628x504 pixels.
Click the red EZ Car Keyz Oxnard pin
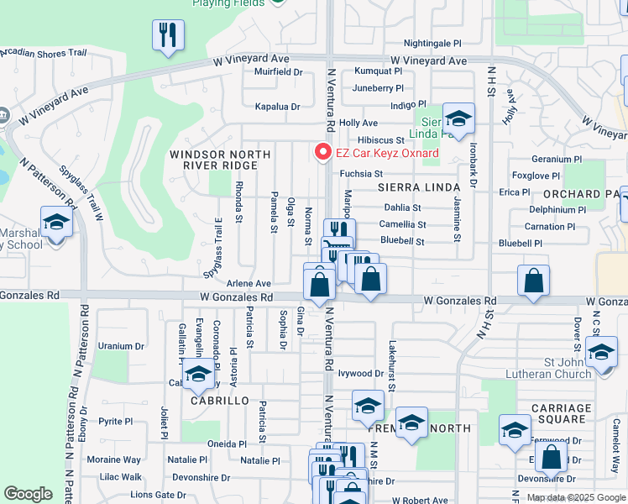click(x=321, y=151)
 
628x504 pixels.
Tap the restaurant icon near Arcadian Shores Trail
click(x=168, y=36)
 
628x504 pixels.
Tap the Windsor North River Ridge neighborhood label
click(x=220, y=160)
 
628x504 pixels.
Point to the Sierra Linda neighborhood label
click(x=418, y=186)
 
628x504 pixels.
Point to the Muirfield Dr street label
click(x=279, y=72)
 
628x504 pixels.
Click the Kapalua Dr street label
click(x=277, y=107)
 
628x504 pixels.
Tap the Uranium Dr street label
click(x=121, y=345)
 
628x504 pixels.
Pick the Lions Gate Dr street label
click(x=158, y=495)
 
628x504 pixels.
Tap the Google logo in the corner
click(x=28, y=494)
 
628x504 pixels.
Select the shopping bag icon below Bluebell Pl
click(x=534, y=282)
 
